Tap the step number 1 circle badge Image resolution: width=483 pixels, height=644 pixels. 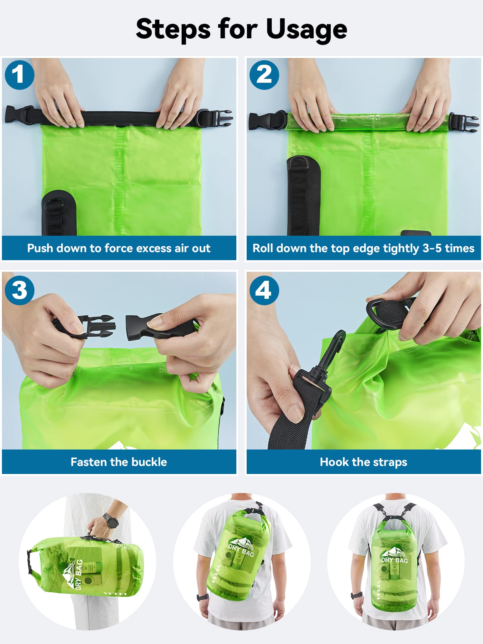pos(20,75)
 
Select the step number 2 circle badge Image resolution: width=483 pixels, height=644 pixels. pos(264,75)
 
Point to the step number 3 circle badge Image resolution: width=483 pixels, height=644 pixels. pos(20,290)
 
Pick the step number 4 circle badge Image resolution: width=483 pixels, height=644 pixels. pos(264,290)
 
